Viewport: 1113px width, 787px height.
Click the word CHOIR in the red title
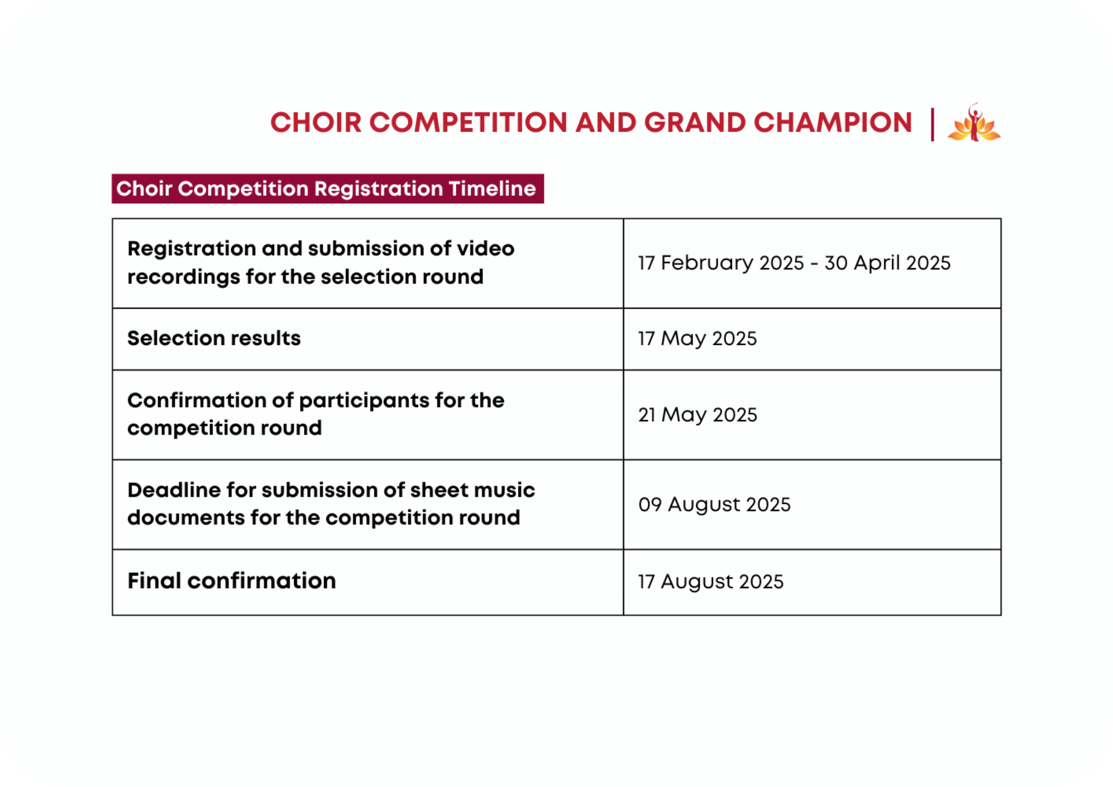(x=316, y=122)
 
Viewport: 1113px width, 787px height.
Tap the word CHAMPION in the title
(x=833, y=122)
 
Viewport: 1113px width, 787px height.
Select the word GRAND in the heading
(x=695, y=122)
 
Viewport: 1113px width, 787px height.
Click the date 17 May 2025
(x=697, y=338)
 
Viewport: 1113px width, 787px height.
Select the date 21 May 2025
(x=698, y=415)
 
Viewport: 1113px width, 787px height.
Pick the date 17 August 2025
(x=711, y=582)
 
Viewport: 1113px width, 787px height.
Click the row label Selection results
(x=214, y=338)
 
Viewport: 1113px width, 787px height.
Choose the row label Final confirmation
(x=232, y=580)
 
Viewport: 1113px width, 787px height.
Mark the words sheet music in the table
(x=472, y=490)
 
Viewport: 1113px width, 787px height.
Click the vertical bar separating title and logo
(x=932, y=125)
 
